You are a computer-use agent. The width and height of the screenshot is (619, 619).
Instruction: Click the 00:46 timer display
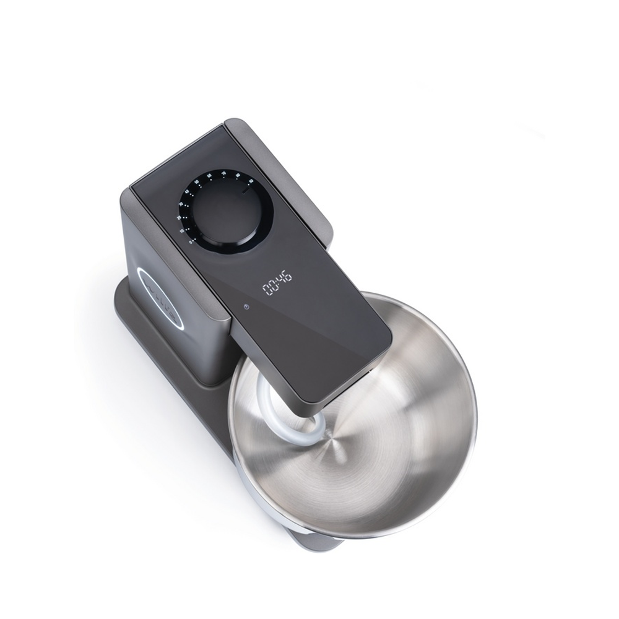(x=277, y=286)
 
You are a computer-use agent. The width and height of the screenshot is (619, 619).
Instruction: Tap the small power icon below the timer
(x=246, y=306)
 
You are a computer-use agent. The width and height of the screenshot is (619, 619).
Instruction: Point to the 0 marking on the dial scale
(x=190, y=243)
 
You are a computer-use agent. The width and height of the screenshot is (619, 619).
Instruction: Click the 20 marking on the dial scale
(x=179, y=218)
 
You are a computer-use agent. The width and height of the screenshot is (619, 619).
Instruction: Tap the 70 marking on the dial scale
(x=223, y=173)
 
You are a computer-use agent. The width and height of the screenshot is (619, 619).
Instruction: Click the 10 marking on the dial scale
(x=183, y=231)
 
